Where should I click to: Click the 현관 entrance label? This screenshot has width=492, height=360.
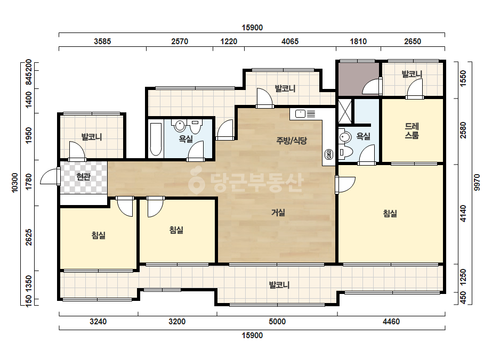click(x=84, y=177)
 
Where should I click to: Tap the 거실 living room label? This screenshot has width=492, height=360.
click(x=278, y=212)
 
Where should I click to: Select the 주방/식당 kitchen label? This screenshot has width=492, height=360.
click(x=292, y=141)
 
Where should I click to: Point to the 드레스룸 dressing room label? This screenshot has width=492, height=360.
click(x=412, y=131)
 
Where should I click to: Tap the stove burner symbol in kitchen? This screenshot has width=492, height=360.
click(x=329, y=154)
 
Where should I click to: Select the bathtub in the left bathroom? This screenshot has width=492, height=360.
click(x=156, y=140)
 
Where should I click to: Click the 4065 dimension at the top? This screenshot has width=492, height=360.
click(x=290, y=42)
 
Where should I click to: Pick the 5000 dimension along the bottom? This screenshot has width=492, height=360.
click(x=277, y=322)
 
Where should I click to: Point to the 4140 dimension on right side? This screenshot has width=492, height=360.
click(x=463, y=214)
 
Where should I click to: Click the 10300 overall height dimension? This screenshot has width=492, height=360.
click(x=15, y=183)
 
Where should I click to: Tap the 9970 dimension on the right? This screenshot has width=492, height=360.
click(x=477, y=183)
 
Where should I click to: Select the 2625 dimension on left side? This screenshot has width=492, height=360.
click(x=29, y=238)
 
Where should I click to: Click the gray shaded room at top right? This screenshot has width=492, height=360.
click(x=358, y=79)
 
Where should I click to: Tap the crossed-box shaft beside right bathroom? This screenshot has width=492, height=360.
click(x=345, y=111)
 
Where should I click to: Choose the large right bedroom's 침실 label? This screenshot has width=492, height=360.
click(x=390, y=214)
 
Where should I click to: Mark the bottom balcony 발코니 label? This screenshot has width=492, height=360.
click(x=279, y=285)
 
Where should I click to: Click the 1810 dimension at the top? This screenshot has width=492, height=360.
click(x=358, y=42)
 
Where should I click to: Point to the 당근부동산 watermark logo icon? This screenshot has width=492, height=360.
click(x=196, y=179)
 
